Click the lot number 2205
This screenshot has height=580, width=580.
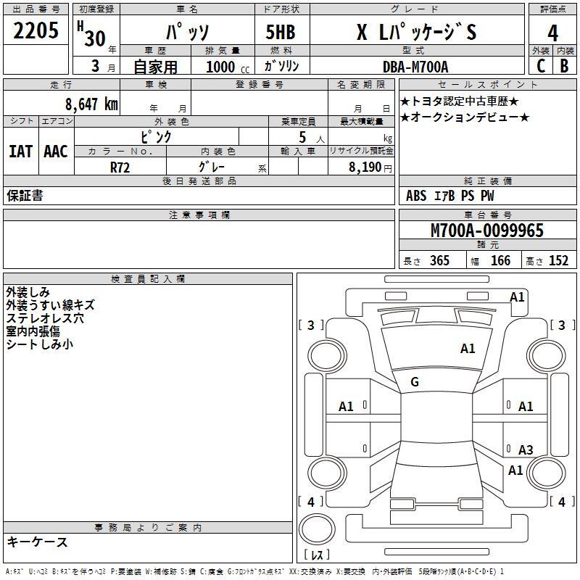[x=36, y=30]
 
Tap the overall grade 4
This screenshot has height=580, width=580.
[x=552, y=33]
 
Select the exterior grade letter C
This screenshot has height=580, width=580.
[x=541, y=66]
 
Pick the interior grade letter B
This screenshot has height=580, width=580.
[x=564, y=66]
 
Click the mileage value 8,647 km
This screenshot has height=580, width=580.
[x=92, y=104]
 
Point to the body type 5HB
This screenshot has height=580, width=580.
[x=281, y=32]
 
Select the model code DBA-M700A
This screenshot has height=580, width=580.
[x=415, y=67]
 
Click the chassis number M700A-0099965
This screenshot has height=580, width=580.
[x=487, y=231]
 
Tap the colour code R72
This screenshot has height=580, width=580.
[x=120, y=167]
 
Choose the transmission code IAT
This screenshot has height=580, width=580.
[x=21, y=152]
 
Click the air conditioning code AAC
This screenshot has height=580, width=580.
[x=56, y=152]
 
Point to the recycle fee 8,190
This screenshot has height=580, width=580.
[x=365, y=167]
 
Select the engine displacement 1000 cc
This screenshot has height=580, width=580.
[x=228, y=67]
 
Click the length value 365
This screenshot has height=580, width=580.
[x=439, y=260]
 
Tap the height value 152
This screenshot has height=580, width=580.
[x=558, y=260]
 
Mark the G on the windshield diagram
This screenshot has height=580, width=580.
[x=415, y=382]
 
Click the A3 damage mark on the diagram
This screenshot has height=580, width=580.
[x=526, y=449]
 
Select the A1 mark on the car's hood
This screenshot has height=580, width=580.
[x=468, y=349]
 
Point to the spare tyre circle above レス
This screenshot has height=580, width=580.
[x=317, y=529]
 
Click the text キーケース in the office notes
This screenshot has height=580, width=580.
[x=38, y=542]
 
